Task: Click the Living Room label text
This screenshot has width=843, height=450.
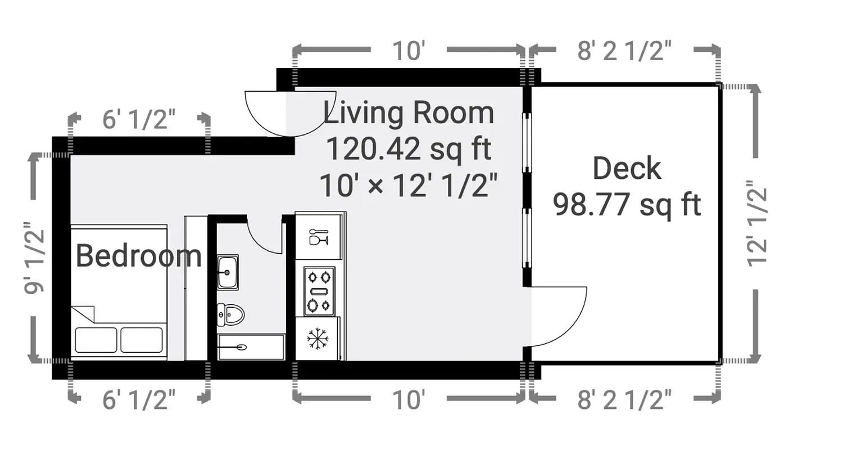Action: point(409,113)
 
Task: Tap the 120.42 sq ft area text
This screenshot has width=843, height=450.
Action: point(409,150)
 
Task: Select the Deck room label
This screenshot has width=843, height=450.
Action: point(627,169)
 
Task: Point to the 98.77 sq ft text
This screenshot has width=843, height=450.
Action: point(627,205)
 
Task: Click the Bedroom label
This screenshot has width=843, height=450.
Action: point(138,256)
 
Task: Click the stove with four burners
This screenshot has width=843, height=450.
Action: point(319,291)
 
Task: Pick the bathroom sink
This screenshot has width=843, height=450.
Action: point(228,272)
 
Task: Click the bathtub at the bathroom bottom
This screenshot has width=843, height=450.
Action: point(251,347)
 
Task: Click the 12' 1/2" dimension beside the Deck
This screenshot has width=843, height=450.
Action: point(757,223)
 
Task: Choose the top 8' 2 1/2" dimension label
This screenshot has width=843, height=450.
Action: point(624,51)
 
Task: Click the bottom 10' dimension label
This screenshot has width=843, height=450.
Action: point(409,400)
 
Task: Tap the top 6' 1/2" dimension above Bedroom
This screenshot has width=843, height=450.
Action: point(139,120)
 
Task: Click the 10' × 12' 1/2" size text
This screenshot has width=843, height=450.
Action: point(409,186)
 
